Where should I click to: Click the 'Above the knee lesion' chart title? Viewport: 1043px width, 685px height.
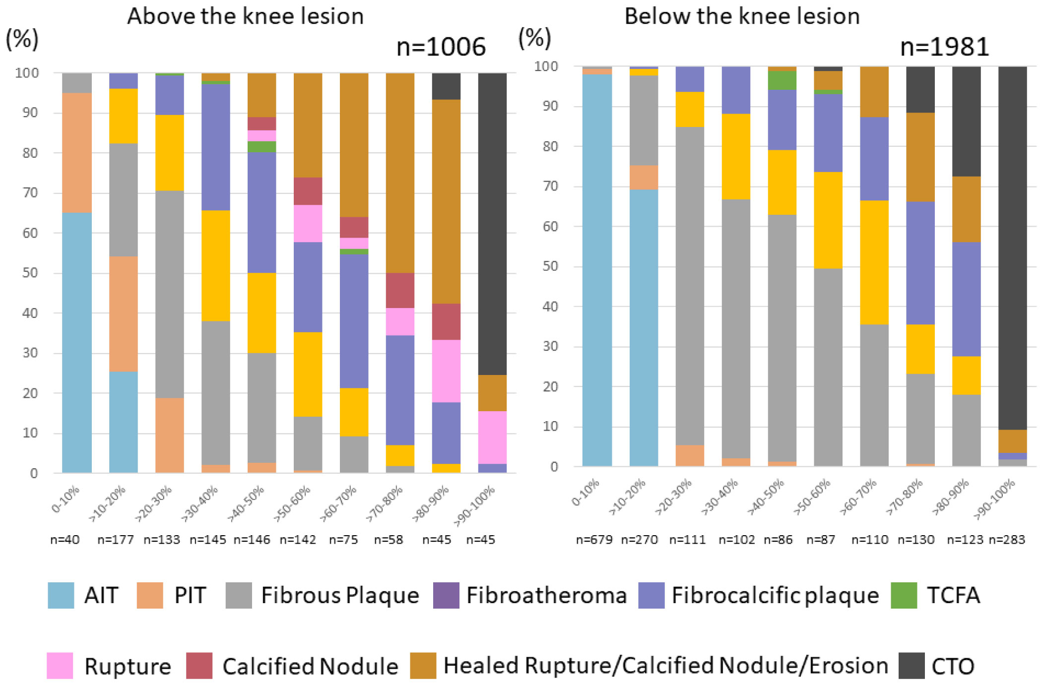[x=245, y=16]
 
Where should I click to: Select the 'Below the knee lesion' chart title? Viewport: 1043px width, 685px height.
[x=742, y=16]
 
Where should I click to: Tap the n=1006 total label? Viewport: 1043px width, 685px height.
[x=441, y=47]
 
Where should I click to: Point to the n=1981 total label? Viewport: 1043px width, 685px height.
[x=944, y=47]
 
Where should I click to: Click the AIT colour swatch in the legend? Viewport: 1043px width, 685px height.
[x=61, y=595]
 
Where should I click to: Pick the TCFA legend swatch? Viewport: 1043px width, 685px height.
[x=904, y=595]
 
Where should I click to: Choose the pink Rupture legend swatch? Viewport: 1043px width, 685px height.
[x=60, y=666]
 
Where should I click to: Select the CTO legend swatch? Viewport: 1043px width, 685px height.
[x=912, y=666]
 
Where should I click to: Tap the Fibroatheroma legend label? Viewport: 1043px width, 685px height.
[x=546, y=596]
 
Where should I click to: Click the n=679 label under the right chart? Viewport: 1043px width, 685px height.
[x=594, y=540]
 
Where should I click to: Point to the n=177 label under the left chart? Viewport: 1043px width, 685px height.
[x=116, y=540]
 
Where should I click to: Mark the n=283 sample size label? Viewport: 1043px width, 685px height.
[x=1007, y=540]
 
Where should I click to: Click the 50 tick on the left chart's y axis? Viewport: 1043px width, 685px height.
[x=30, y=273]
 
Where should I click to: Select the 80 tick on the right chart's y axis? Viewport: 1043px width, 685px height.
[x=550, y=146]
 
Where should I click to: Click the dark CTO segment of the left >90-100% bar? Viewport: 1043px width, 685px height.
[x=492, y=223]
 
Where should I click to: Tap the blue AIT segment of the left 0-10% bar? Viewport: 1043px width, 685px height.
[x=77, y=342]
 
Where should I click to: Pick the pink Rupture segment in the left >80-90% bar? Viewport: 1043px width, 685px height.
[x=446, y=371]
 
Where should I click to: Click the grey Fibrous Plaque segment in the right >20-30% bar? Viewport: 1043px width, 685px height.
[x=690, y=285]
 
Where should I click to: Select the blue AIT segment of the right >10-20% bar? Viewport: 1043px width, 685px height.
[x=644, y=327]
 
